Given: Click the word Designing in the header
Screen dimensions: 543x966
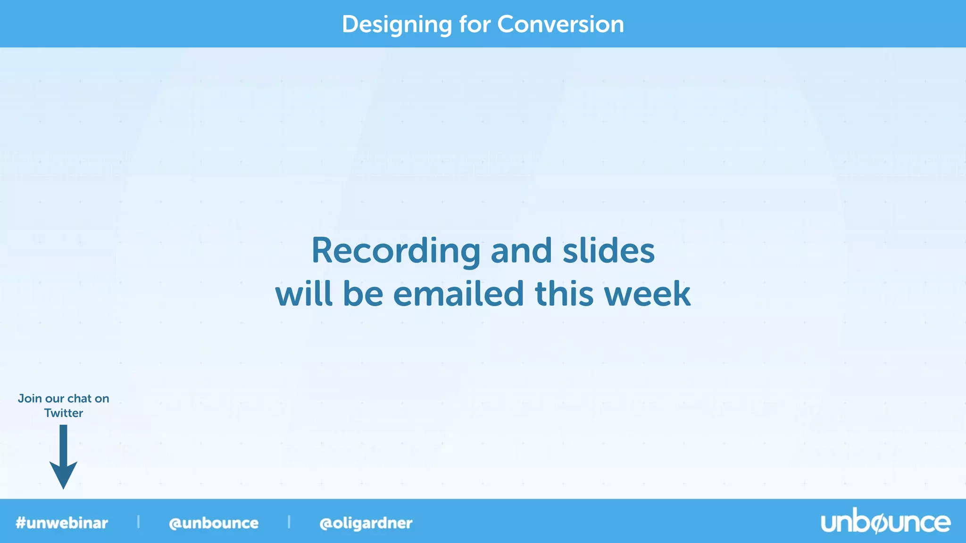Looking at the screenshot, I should [397, 25].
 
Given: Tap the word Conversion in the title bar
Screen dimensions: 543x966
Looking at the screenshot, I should [560, 25].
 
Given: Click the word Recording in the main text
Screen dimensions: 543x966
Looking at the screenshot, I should [395, 251].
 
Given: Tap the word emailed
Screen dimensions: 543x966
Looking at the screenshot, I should [458, 294].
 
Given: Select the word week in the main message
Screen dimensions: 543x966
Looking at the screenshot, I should [647, 294].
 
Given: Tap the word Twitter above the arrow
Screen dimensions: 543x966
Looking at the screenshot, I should [64, 413].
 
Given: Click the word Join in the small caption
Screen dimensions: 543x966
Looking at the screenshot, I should [30, 399].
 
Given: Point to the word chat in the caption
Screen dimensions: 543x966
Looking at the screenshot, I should [79, 399].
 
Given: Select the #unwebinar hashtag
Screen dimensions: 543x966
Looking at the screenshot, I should [62, 523].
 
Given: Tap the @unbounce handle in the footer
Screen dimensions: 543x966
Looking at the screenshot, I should [214, 523].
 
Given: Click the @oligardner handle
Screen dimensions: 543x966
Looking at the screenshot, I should [366, 523].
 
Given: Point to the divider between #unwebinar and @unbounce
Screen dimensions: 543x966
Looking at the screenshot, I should [138, 522].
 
